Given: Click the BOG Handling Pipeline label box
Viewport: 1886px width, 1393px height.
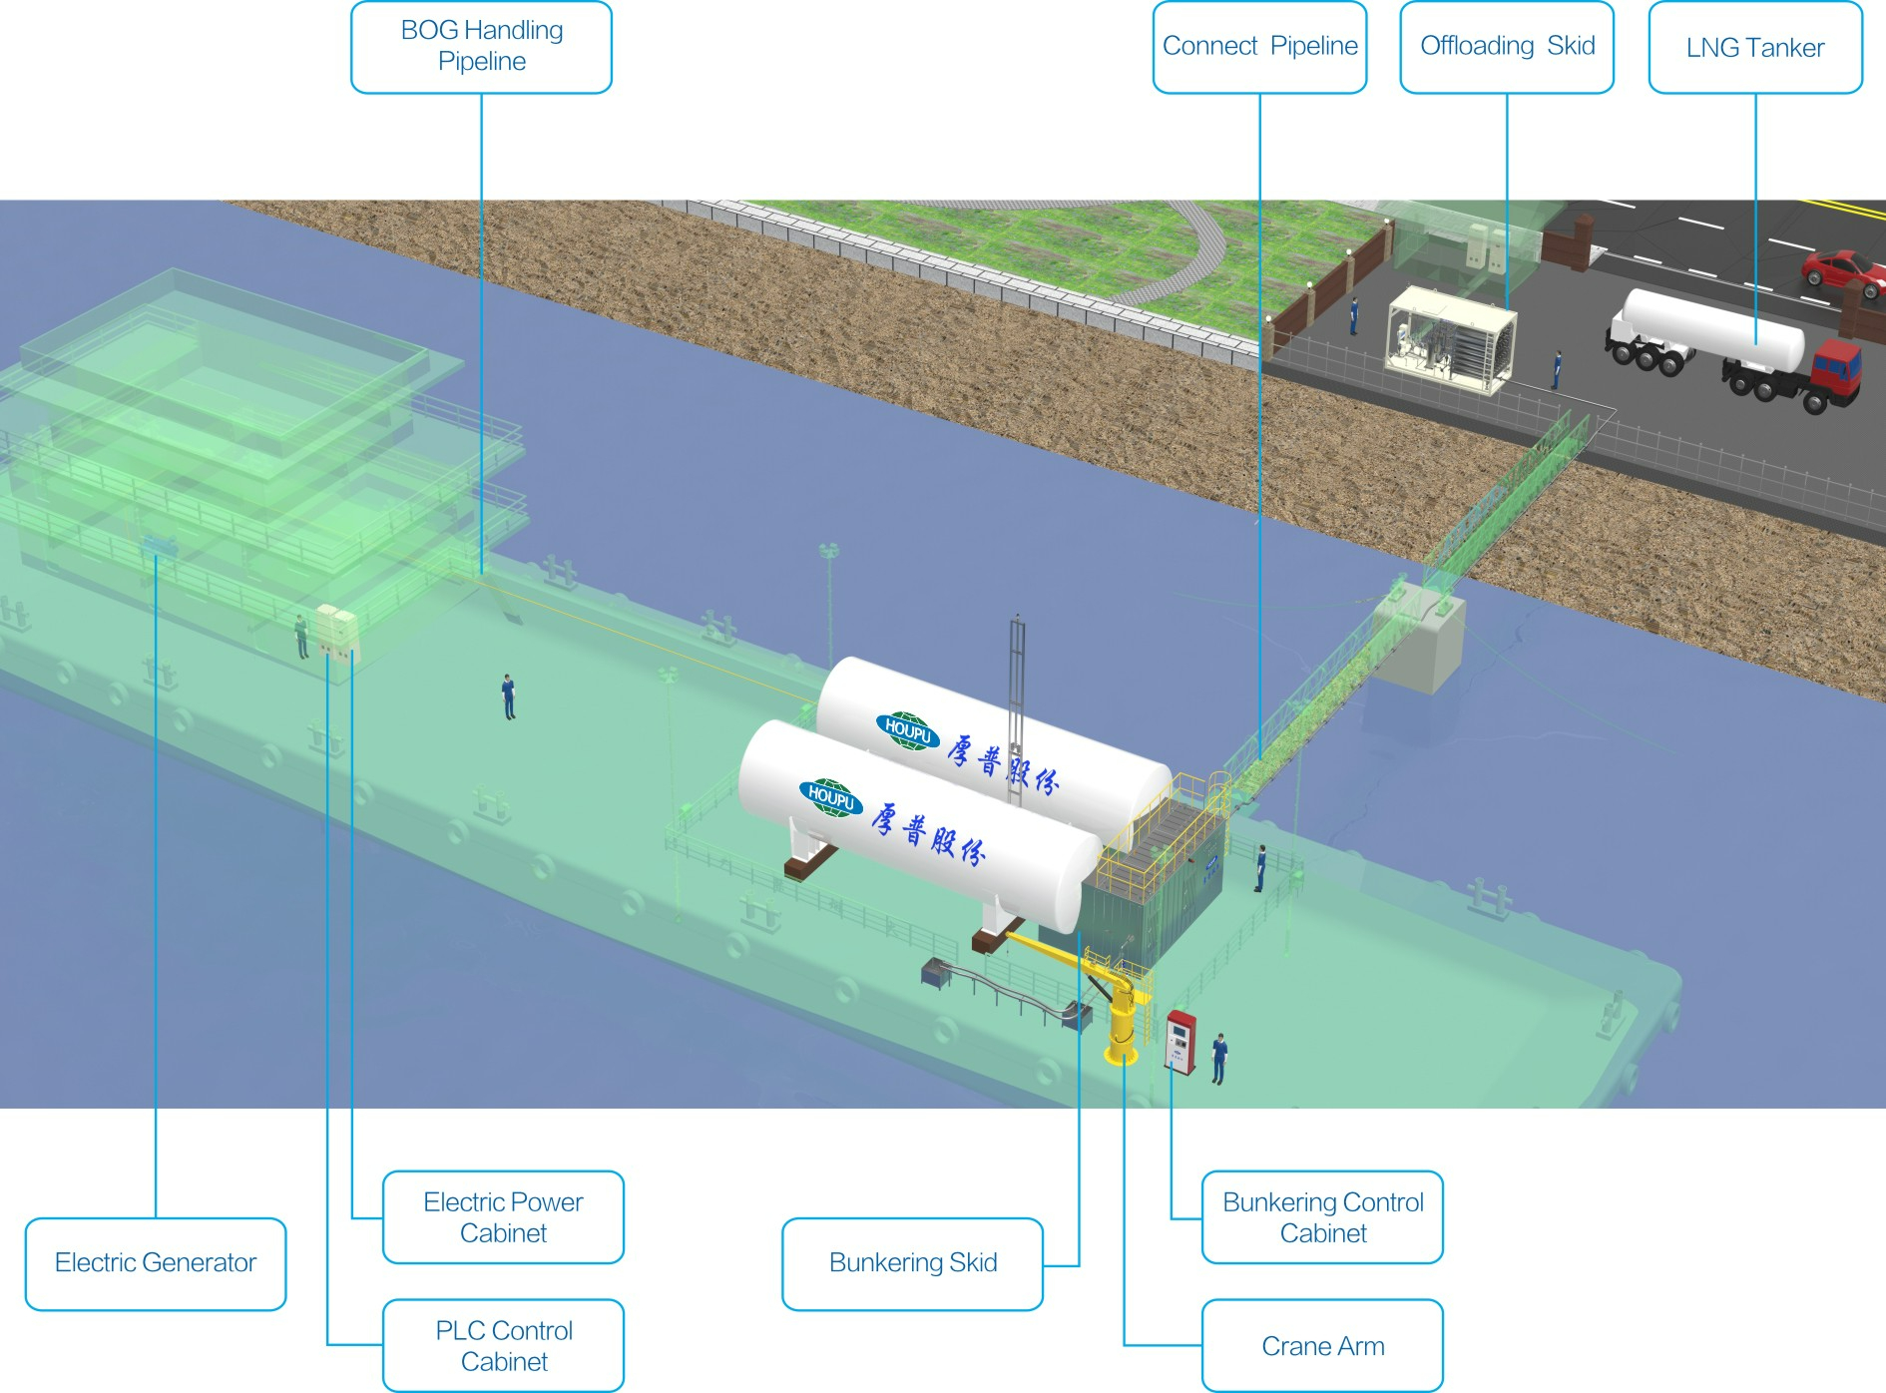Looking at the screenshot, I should pyautogui.click(x=481, y=47).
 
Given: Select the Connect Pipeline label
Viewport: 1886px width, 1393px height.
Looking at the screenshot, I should pyautogui.click(x=1259, y=47).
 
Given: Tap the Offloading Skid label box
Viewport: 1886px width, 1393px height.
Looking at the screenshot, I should pyautogui.click(x=1507, y=47).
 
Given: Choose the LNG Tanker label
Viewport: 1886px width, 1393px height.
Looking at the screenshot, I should pyautogui.click(x=1755, y=47).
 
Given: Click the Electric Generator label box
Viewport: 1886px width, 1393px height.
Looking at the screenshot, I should pyautogui.click(x=156, y=1263).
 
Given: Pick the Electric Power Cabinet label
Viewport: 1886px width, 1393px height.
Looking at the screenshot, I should pyautogui.click(x=503, y=1217).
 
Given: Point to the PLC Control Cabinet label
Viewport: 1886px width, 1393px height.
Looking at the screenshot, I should pyautogui.click(x=503, y=1345).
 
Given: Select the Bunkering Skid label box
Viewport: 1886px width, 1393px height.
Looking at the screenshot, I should pyautogui.click(x=912, y=1263).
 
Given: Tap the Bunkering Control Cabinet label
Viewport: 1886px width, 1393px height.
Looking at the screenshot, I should pyautogui.click(x=1322, y=1217).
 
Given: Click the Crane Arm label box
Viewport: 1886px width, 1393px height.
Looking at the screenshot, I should pyautogui.click(x=1322, y=1345).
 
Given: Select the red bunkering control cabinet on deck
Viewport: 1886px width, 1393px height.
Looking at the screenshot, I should pyautogui.click(x=1180, y=1043).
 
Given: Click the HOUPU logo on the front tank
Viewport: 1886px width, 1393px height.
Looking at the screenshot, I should pyautogui.click(x=830, y=797).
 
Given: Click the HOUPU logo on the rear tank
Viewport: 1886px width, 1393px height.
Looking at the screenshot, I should pyautogui.click(x=907, y=729).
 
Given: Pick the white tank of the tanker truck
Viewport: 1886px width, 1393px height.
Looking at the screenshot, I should pyautogui.click(x=1712, y=328).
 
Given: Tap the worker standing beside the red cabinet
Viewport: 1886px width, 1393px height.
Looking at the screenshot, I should pyautogui.click(x=1218, y=1058).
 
